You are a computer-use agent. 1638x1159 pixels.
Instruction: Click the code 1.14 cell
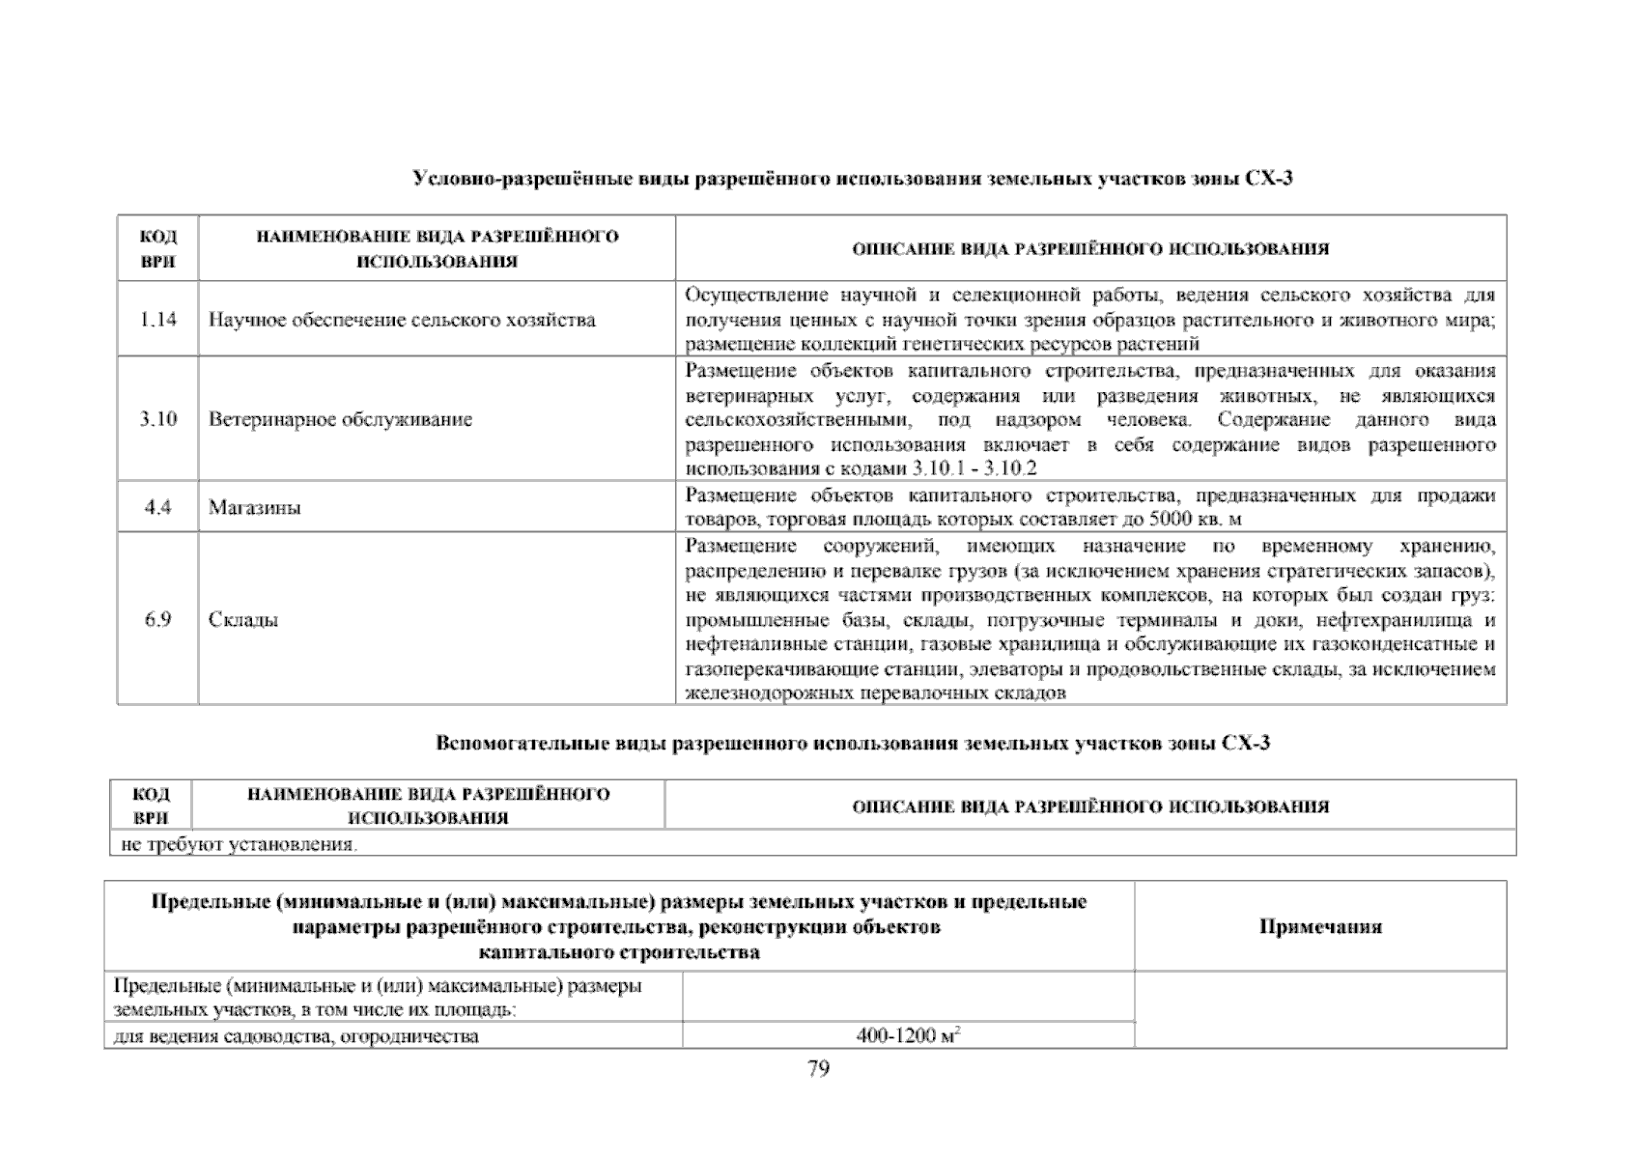157,320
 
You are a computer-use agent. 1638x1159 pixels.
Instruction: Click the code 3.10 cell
157,419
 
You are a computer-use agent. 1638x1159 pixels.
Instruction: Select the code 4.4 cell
157,507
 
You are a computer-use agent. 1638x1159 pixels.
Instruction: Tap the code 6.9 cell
157,619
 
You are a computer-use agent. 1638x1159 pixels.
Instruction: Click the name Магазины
254,507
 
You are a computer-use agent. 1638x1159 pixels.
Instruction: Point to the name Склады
243,619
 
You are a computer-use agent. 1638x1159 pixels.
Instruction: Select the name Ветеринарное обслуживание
340,419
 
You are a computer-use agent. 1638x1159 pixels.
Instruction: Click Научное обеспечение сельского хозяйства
402,320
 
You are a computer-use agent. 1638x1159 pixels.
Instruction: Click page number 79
818,1068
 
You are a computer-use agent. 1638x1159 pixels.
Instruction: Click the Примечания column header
1320,926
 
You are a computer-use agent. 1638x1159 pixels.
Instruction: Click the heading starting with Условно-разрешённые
852,179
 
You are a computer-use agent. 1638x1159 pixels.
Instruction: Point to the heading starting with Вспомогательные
852,744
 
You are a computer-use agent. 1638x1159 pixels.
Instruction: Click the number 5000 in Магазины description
1176,520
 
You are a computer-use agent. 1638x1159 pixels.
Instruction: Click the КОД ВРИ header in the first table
157,249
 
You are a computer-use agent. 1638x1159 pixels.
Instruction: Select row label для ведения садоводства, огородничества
297,1037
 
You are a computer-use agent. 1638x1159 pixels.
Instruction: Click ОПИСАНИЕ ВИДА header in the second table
1089,806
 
